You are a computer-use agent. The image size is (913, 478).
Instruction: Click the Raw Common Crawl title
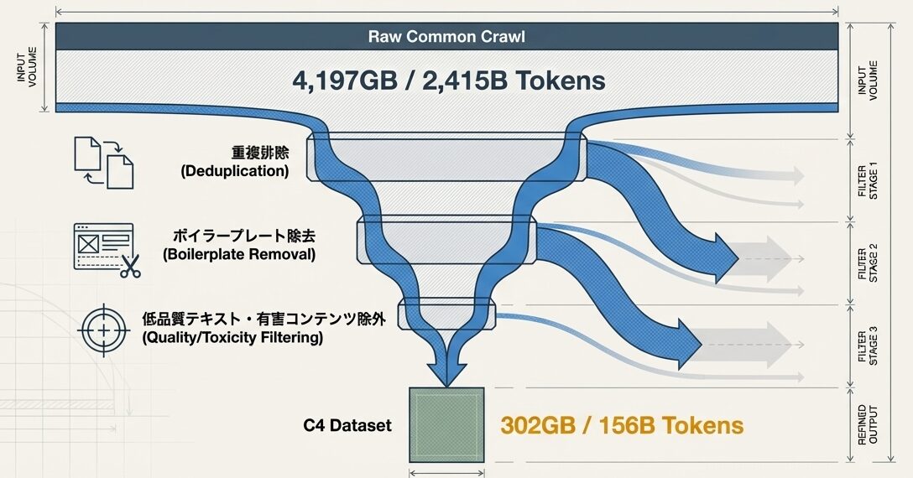tap(446, 37)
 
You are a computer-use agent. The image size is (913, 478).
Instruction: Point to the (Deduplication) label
tap(235, 171)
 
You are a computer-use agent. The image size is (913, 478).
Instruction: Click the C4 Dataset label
tap(347, 426)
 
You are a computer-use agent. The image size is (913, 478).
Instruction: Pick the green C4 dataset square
tap(446, 424)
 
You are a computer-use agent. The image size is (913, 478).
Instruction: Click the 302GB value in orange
tap(546, 425)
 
